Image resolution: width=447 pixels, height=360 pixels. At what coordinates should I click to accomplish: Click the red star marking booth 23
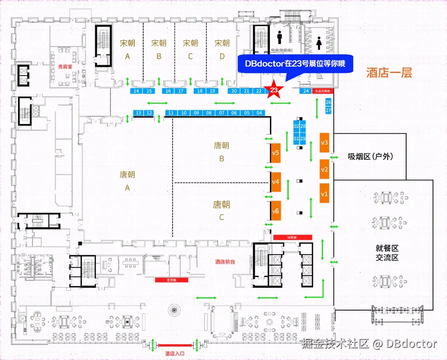pos(274,90)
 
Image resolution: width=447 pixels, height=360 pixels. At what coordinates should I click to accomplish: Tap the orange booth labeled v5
pos(276,154)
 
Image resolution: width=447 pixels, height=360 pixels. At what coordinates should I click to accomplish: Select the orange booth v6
pos(276,211)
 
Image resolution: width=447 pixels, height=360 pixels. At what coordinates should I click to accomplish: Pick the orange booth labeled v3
pos(324,143)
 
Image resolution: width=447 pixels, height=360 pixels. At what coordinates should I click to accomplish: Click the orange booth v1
pos(324,194)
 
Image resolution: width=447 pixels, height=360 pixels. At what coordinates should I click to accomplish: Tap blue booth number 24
pos(306,91)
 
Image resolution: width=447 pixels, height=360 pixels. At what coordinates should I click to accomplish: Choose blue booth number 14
pos(136,91)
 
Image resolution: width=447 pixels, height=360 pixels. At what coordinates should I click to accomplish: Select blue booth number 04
pos(260,113)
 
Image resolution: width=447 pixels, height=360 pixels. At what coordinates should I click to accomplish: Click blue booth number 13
pos(139,113)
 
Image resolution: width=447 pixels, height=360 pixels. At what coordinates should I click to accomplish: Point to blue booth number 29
pos(303,138)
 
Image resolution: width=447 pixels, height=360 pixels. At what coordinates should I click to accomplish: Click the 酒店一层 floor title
pos(389,73)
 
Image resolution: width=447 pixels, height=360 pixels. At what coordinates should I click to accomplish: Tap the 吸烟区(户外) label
pos(370,157)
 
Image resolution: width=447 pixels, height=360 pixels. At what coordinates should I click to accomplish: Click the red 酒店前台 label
pos(226,262)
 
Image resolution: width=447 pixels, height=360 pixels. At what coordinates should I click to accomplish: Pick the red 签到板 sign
pos(171,280)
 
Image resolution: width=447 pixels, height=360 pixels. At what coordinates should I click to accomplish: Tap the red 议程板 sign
pos(293,237)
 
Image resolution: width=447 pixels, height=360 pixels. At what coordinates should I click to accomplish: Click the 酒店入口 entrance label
pos(174,353)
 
